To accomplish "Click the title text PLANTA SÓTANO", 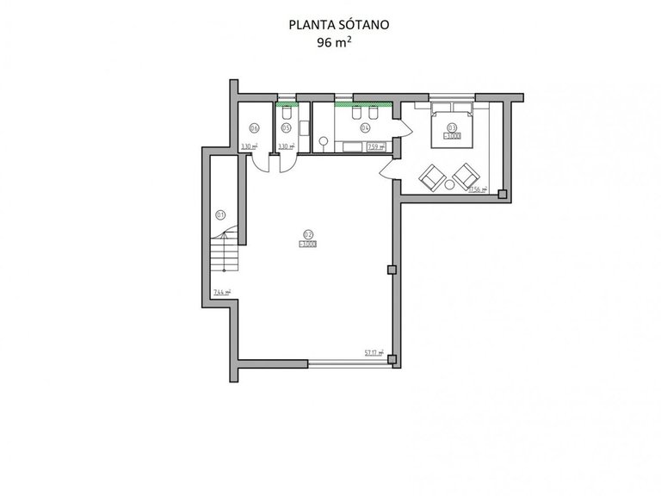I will [x=339, y=25].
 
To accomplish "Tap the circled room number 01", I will [x=220, y=215].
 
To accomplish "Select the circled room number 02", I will [x=308, y=233].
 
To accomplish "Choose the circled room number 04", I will [x=365, y=127].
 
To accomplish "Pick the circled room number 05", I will [x=286, y=127].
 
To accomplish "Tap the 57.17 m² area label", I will [x=374, y=351].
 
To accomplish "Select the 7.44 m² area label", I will [x=222, y=294].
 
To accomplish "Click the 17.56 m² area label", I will [x=478, y=189].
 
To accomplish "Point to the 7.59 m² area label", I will [x=375, y=147].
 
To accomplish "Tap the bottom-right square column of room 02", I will [x=392, y=360].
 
